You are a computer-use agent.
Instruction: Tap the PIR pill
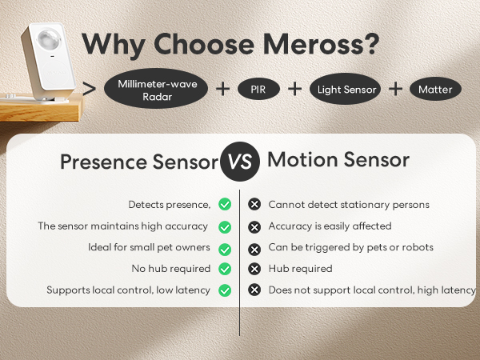pos(259,90)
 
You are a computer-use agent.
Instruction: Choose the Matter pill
pos(435,90)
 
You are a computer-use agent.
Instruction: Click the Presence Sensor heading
pos(138,162)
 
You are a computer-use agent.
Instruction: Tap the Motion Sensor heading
pos(338,160)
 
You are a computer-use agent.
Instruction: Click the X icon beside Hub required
pos(255,269)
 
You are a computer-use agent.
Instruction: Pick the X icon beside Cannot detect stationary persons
pos(255,205)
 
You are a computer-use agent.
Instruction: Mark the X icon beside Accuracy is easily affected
pos(255,226)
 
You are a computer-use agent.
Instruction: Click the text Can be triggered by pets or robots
pos(350,248)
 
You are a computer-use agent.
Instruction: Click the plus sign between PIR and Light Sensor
pos(294,90)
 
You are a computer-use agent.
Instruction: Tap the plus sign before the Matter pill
pos(395,90)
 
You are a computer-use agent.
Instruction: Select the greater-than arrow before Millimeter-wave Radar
pos(90,89)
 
